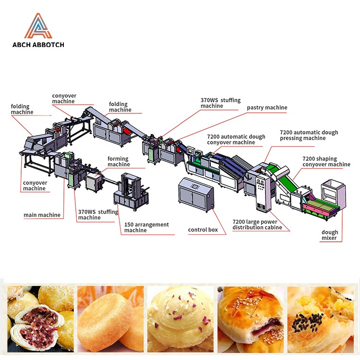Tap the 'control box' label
203,230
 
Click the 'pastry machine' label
267,108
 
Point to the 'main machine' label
42,215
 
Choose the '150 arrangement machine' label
146,228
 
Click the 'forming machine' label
118,162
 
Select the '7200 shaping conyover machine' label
326,162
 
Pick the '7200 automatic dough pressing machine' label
309,135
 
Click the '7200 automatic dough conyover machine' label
236,139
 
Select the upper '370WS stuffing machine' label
220,103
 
